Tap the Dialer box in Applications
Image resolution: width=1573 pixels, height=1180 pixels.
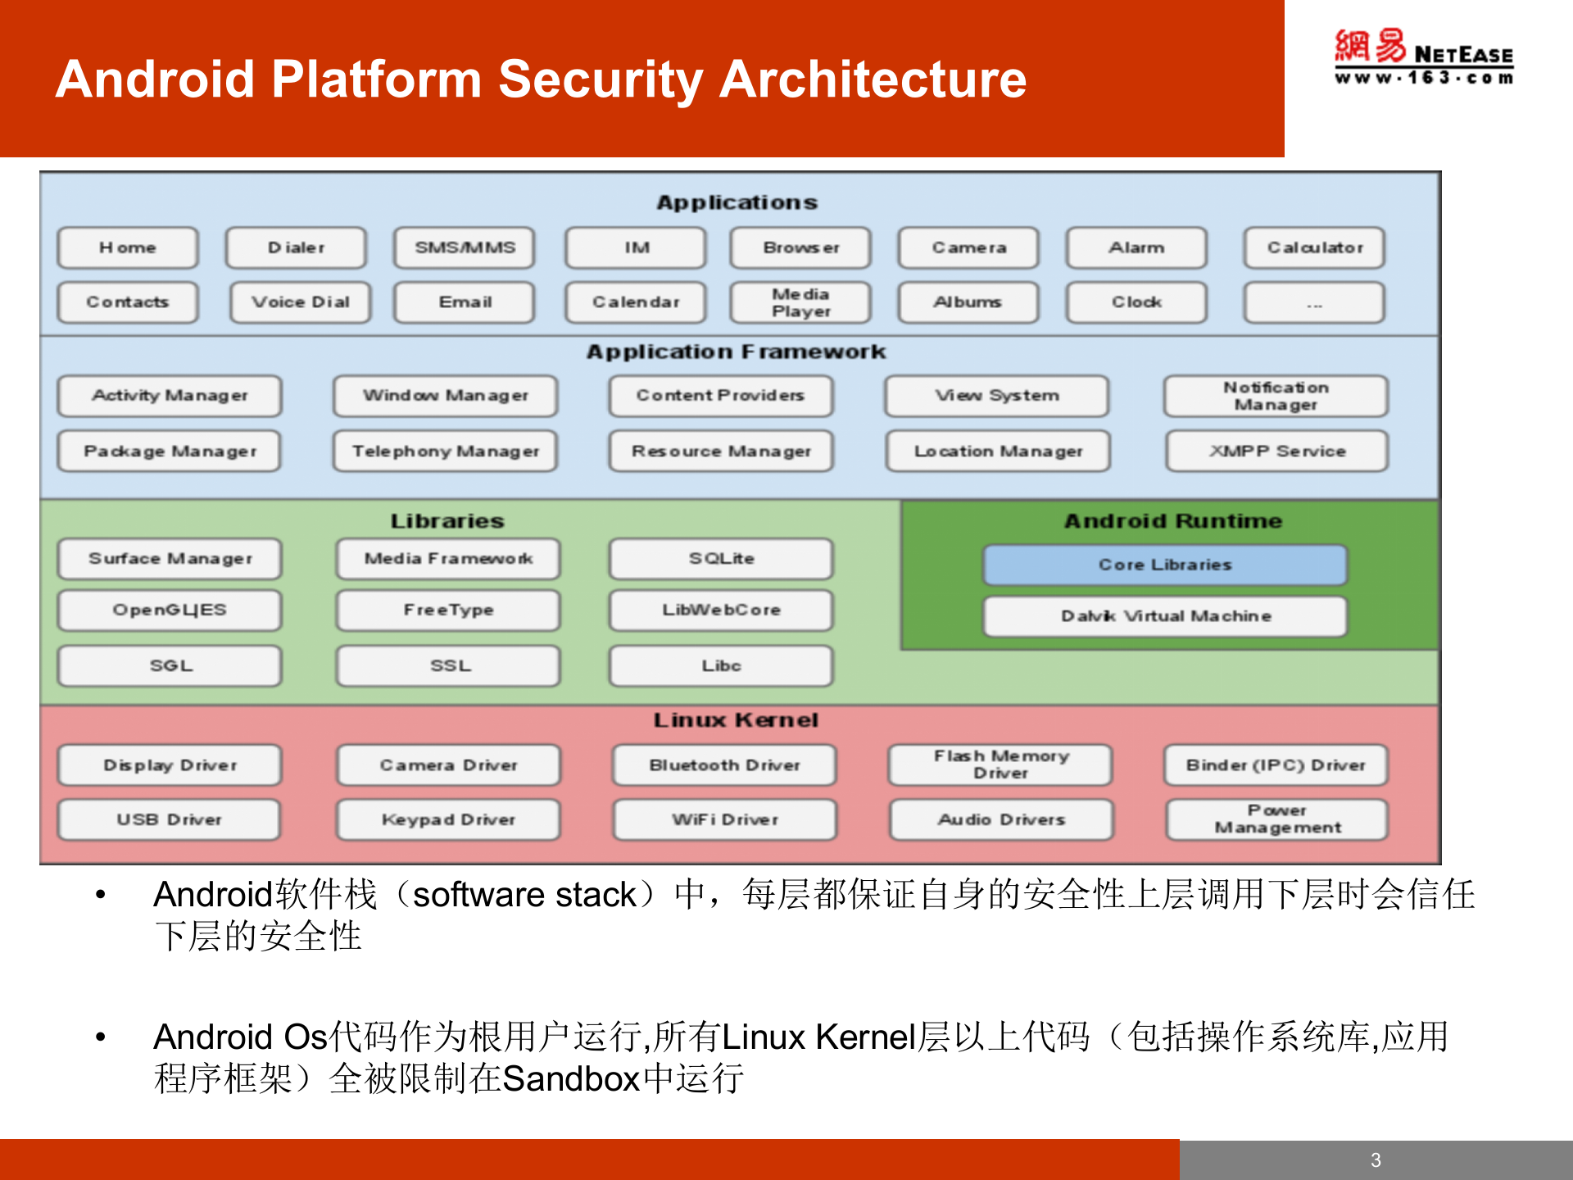[x=297, y=247]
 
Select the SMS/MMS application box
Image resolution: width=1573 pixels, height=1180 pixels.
[x=465, y=247]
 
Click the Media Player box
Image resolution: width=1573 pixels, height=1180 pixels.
[x=800, y=302]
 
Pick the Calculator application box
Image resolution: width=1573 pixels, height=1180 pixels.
[x=1314, y=247]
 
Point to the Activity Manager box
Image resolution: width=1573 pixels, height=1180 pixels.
[x=170, y=396]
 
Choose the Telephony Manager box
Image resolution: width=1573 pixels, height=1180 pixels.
[x=446, y=452]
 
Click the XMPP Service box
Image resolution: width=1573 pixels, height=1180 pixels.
[x=1276, y=452]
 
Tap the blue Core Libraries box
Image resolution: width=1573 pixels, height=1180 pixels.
[x=1165, y=565]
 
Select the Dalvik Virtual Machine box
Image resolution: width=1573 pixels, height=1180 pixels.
[x=1165, y=616]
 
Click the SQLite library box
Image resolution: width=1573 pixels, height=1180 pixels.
[x=721, y=559]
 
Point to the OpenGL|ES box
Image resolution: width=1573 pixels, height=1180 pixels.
[x=170, y=610]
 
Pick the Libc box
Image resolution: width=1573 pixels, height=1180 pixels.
[x=721, y=666]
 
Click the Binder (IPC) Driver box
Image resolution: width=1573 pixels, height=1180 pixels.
[x=1276, y=765]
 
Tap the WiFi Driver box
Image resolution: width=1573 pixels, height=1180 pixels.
[x=725, y=820]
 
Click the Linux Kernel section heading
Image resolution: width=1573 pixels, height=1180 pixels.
[x=735, y=720]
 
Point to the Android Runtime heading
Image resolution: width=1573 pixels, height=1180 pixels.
[x=1172, y=521]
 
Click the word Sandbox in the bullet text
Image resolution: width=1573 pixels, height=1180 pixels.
[x=570, y=1079]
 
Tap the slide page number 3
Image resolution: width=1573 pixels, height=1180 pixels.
[x=1376, y=1160]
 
